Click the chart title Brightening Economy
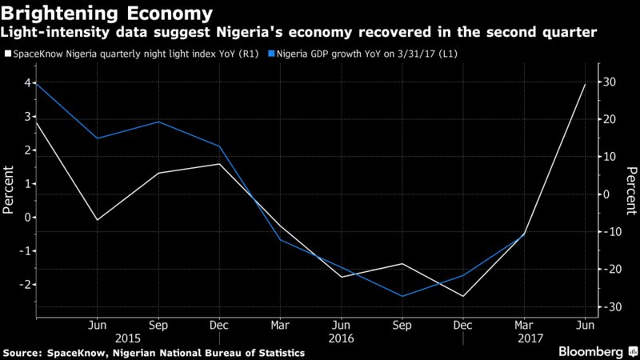(108, 14)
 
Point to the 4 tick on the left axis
(27, 83)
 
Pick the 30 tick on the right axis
(610, 82)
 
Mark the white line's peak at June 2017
(585, 84)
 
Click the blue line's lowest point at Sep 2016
(402, 296)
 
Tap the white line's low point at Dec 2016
(462, 296)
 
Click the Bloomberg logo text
(590, 351)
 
